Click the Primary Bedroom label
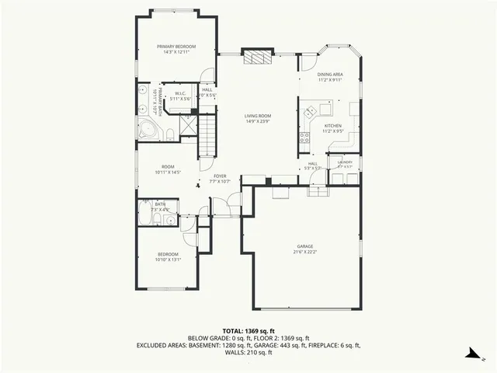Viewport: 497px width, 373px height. [175, 49]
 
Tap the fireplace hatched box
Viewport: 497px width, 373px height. [257, 58]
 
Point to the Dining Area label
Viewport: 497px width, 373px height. [331, 77]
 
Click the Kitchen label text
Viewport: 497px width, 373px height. [332, 128]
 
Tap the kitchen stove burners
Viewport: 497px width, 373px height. [302, 139]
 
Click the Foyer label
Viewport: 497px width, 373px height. [220, 179]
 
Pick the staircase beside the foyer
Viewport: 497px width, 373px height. [207, 137]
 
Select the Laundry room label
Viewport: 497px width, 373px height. [344, 164]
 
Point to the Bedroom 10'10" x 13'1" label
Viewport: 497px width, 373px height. [169, 257]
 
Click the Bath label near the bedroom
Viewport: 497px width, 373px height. [160, 206]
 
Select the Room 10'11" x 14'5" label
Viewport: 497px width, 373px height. [168, 169]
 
